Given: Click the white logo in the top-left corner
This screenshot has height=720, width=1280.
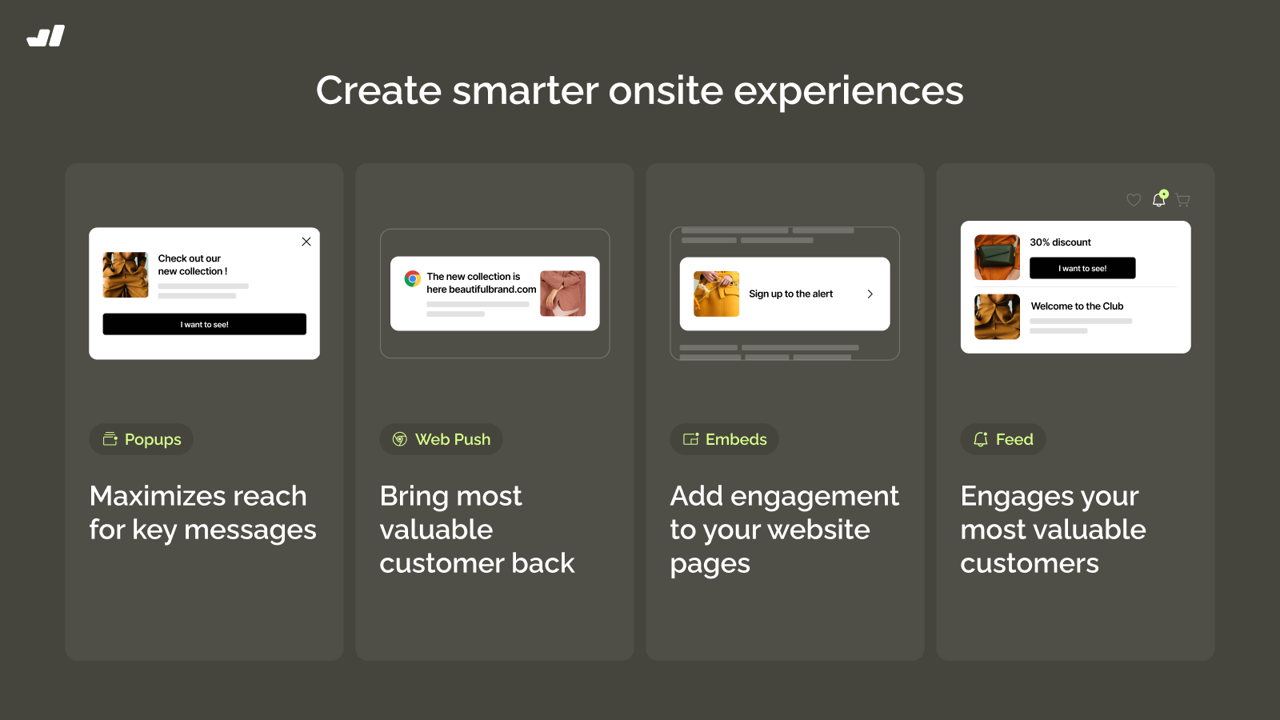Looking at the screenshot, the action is click(x=46, y=35).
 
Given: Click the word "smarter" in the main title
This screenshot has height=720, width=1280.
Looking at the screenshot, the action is click(x=525, y=90).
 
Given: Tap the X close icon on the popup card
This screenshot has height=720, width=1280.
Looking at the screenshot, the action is click(x=306, y=242).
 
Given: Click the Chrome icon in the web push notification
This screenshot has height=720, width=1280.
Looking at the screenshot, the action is click(x=413, y=279).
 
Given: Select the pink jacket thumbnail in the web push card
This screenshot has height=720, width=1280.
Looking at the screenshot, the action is click(x=563, y=293).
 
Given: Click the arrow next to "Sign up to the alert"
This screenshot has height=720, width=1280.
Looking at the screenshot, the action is click(x=870, y=294).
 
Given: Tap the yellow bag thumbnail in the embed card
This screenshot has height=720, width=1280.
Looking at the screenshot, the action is click(x=716, y=294).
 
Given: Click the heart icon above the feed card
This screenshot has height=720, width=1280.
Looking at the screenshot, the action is click(x=1134, y=199).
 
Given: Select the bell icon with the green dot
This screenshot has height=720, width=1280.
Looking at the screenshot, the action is click(x=1159, y=198).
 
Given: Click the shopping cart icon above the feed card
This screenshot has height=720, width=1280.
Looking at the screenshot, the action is click(x=1183, y=200).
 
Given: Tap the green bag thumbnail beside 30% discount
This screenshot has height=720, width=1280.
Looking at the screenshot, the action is click(x=997, y=257).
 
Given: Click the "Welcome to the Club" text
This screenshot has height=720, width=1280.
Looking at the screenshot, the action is click(x=1077, y=306).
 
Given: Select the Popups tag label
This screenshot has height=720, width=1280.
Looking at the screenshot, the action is click(x=141, y=439).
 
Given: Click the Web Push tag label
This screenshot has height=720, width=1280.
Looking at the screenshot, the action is click(x=441, y=439).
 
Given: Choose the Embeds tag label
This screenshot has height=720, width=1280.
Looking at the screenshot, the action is click(x=725, y=439).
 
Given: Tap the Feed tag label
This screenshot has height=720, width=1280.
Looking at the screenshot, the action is click(x=1003, y=439).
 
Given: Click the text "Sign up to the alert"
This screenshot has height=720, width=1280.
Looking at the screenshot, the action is click(x=791, y=294).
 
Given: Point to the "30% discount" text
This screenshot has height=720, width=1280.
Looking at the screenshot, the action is click(x=1061, y=242).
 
